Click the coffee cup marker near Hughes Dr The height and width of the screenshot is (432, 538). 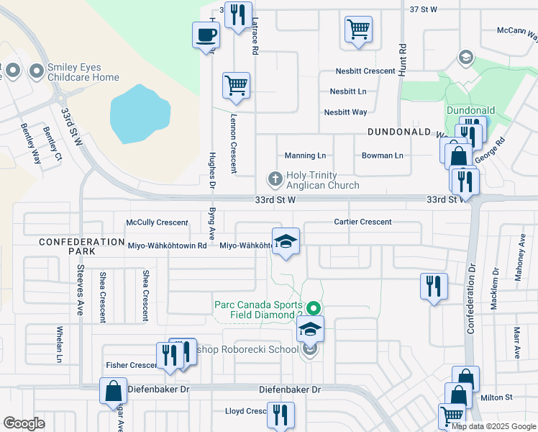pyautogui.click(x=206, y=35)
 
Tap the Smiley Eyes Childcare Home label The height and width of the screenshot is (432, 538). pyautogui.click(x=83, y=72)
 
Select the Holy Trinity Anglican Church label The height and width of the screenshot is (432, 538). pyautogui.click(x=322, y=180)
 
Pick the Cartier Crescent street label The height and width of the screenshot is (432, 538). pyautogui.click(x=363, y=222)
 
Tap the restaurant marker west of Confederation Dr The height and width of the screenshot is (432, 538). pyautogui.click(x=434, y=286)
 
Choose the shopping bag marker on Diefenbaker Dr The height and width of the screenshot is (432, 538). pyautogui.click(x=114, y=392)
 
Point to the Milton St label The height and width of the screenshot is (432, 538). pyautogui.click(x=496, y=397)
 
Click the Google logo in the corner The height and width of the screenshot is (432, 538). pyautogui.click(x=24, y=423)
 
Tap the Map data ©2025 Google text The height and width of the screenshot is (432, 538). pyautogui.click(x=494, y=426)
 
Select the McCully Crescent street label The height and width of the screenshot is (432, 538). pyautogui.click(x=157, y=222)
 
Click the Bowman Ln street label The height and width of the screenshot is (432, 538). pyautogui.click(x=383, y=156)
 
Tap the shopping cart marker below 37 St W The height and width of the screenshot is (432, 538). pyautogui.click(x=358, y=30)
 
